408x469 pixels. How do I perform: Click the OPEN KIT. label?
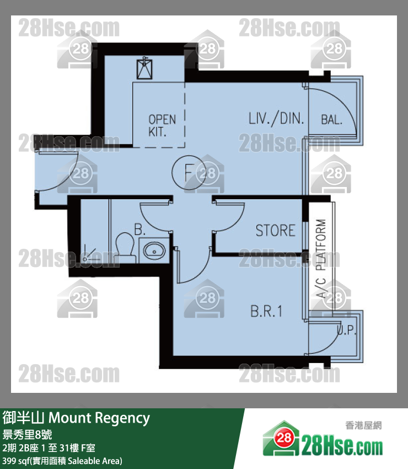(x=162, y=126)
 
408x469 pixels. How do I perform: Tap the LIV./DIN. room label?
(x=276, y=119)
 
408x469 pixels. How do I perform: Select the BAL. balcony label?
(x=331, y=120)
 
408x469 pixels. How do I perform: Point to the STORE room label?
(x=275, y=230)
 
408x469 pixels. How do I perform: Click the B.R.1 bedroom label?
(x=266, y=311)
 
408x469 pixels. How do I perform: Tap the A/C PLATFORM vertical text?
(x=321, y=259)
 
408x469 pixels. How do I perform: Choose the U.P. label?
(x=347, y=329)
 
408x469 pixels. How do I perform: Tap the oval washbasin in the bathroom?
(x=154, y=251)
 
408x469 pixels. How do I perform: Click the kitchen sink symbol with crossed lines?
(x=144, y=68)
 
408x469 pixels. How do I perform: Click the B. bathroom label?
(x=139, y=230)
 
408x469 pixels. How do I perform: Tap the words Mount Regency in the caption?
(x=99, y=418)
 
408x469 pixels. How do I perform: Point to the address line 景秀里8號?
(x=27, y=434)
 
